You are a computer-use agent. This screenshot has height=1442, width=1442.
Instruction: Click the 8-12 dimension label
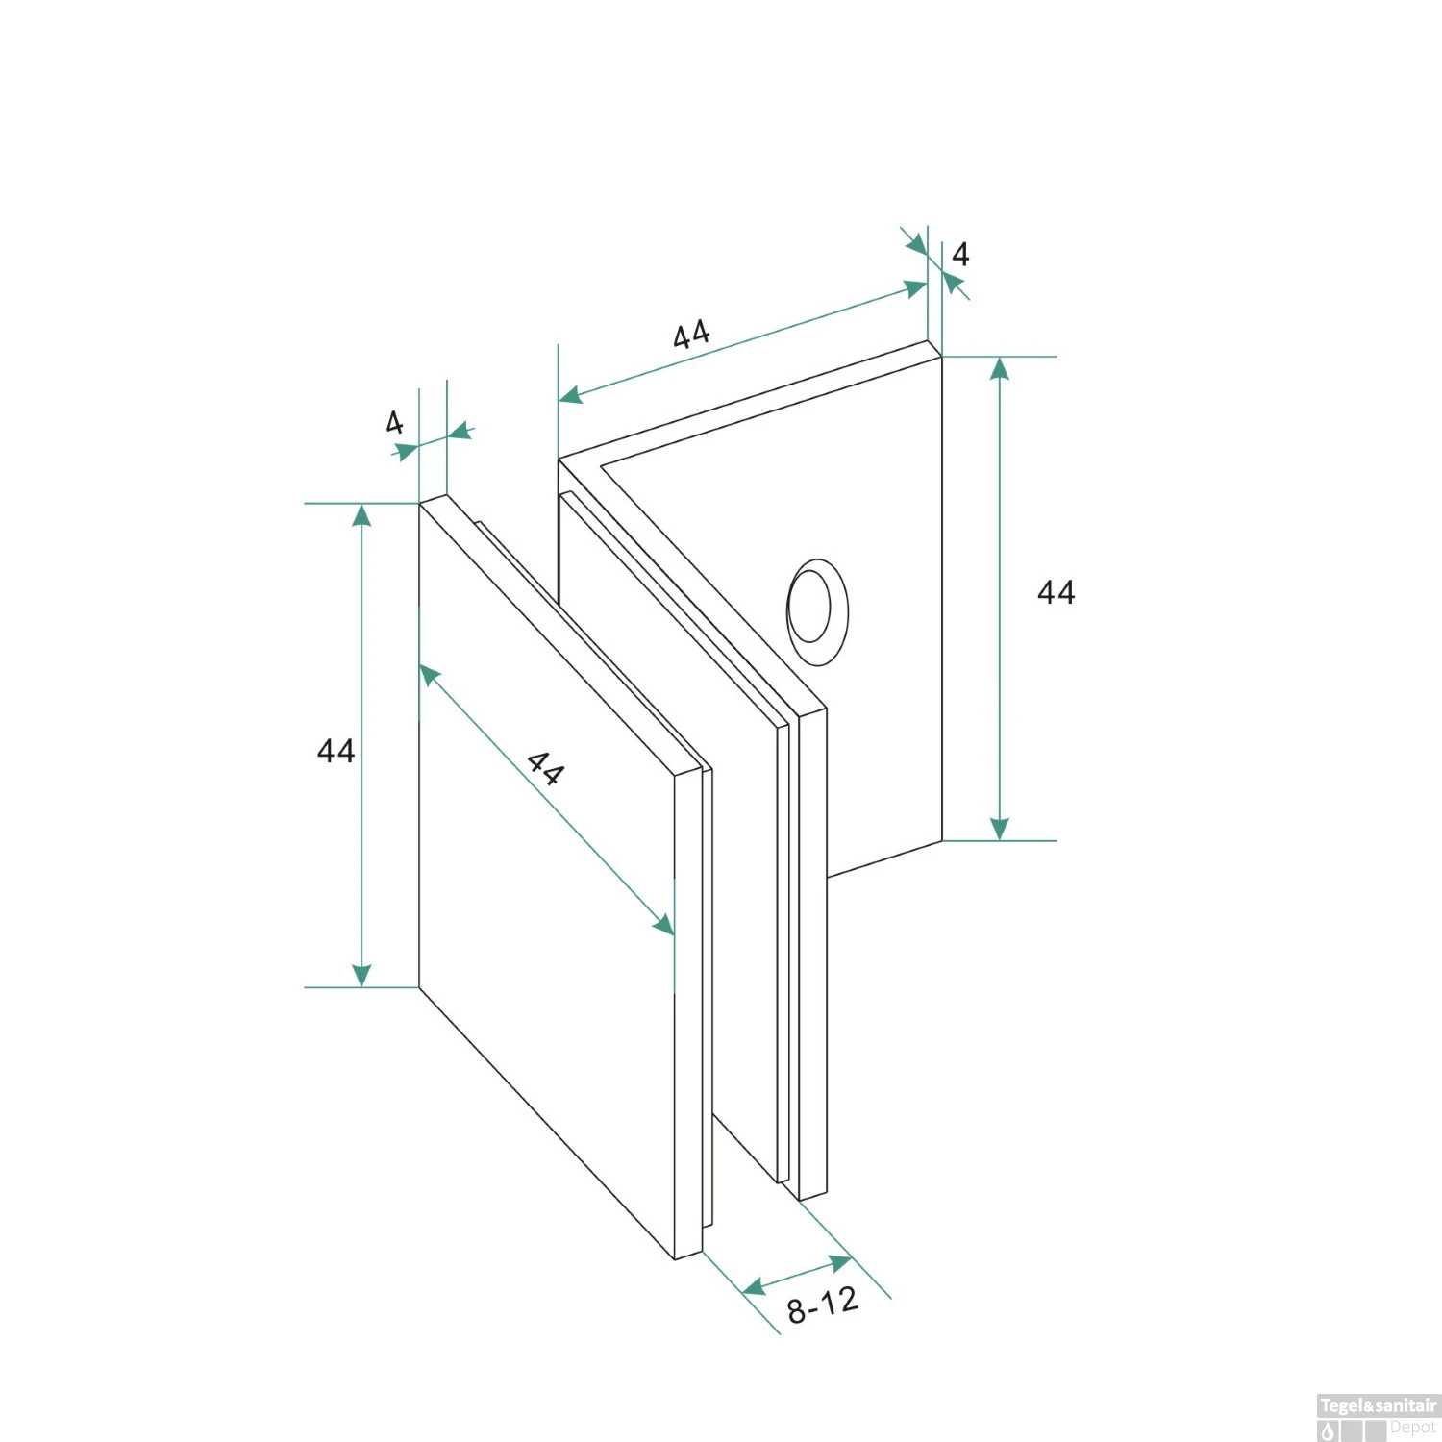[822, 1305]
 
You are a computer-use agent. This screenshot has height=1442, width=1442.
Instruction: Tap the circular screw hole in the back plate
[818, 611]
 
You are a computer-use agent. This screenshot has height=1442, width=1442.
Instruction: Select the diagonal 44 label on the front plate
[545, 769]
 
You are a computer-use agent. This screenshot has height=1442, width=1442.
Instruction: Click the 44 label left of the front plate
[336, 750]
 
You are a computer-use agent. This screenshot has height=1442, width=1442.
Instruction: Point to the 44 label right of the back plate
[1056, 591]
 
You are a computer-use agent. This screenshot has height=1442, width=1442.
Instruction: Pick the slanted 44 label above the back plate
[691, 335]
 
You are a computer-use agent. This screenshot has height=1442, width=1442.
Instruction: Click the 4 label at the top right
[960, 254]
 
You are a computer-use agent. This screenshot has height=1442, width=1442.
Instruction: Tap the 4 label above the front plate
[394, 422]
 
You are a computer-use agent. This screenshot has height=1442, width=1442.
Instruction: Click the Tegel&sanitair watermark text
[1378, 1405]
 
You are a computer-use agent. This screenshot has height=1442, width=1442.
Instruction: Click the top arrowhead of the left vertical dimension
[361, 515]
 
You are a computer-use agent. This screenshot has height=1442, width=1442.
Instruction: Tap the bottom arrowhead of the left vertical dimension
[361, 975]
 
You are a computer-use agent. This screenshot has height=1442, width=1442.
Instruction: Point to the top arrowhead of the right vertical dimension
[1000, 369]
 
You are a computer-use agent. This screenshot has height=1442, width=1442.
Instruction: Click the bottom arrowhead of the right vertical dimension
[1000, 829]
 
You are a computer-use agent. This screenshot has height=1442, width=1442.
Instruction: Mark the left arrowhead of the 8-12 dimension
[755, 1286]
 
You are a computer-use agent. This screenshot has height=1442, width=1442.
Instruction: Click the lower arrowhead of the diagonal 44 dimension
[663, 924]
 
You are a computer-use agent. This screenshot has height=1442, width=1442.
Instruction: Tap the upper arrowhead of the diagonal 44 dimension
[431, 676]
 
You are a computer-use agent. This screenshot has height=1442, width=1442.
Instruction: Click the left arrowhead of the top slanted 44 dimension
[571, 394]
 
